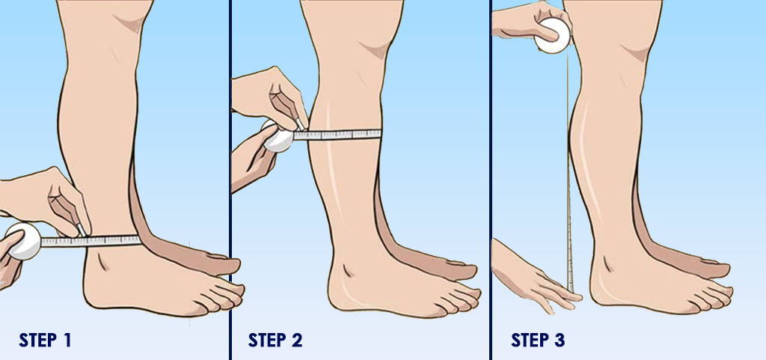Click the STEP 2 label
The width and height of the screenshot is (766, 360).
[x=275, y=341]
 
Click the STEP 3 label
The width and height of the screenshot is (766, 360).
[x=539, y=341]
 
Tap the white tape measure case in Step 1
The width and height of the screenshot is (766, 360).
[x=22, y=241]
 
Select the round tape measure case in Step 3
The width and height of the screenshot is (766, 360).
[x=552, y=36]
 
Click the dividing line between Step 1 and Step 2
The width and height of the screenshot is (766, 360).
[x=230, y=180]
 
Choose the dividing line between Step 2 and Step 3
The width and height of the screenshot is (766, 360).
[x=491, y=180]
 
